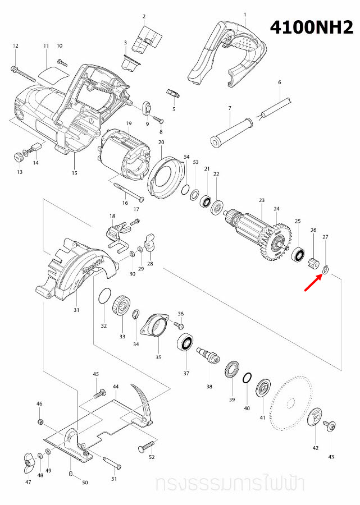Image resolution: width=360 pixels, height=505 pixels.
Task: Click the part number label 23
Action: pos(261,200)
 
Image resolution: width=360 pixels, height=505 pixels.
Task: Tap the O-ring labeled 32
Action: pos(103,295)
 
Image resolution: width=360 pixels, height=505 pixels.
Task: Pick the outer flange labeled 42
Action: pos(315,419)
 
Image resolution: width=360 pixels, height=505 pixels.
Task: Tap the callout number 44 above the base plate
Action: pos(116,387)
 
